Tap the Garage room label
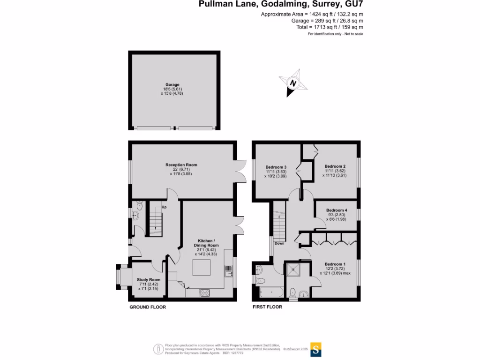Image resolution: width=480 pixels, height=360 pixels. [x=172, y=85]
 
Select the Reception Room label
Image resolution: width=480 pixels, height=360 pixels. [x=181, y=165]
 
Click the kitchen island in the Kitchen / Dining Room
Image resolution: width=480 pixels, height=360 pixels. [x=202, y=267]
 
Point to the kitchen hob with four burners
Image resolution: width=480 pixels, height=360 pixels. [x=204, y=292]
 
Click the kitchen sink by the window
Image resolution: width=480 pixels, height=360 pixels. [x=229, y=271]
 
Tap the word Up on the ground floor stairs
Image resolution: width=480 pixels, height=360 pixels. [x=164, y=207]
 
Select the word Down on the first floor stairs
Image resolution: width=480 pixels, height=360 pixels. [x=279, y=243]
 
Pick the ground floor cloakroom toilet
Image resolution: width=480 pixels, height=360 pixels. [x=140, y=206]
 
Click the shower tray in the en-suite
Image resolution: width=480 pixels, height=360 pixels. [x=296, y=269]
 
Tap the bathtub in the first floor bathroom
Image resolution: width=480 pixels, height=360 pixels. [x=269, y=292]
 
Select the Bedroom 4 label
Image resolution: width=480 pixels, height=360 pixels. [x=337, y=210]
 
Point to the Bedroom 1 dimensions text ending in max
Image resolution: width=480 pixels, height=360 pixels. [x=337, y=273]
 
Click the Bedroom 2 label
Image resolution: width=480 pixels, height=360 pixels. [x=335, y=166]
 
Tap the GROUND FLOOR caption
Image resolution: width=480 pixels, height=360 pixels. [x=148, y=307]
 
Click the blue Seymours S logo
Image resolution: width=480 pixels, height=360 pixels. [x=317, y=349]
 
